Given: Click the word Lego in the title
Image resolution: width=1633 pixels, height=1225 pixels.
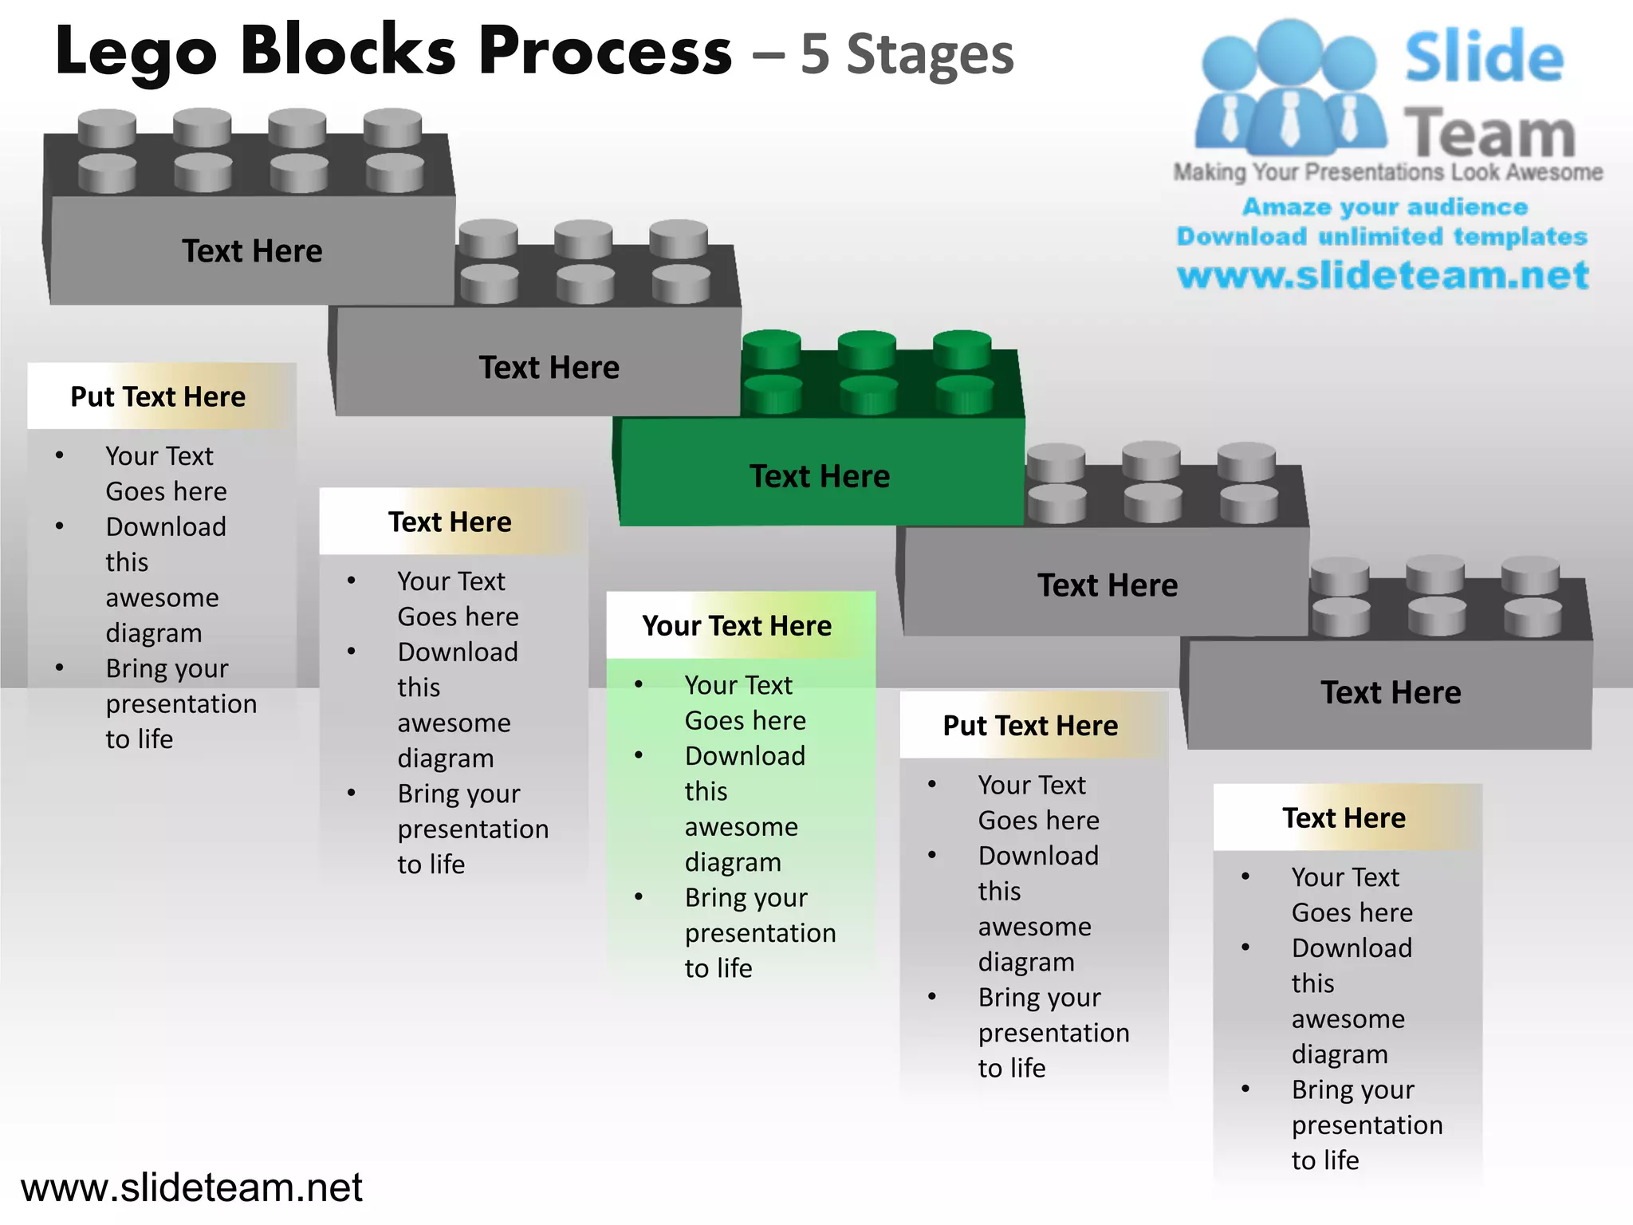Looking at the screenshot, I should [136, 52].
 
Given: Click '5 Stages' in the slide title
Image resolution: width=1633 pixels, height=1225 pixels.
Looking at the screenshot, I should [907, 55].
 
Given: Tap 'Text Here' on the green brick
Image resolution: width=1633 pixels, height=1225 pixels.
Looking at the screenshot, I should [819, 476].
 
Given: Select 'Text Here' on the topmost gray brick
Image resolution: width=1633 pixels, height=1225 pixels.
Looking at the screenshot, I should [252, 251].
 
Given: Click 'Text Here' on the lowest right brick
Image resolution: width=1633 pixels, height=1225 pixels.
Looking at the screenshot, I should [1391, 692].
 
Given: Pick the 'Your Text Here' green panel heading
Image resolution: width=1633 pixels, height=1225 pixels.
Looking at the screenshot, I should [737, 626].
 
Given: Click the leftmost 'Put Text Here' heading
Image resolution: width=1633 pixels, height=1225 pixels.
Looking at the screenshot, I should [158, 396].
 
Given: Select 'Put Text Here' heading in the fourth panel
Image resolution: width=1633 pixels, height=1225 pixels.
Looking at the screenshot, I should [1030, 726].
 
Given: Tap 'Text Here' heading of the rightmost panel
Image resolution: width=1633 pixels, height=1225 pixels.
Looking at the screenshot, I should [1344, 818].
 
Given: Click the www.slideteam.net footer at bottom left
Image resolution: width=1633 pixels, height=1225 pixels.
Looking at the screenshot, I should [191, 1188].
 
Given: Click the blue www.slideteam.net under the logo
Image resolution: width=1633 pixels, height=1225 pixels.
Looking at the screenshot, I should [1383, 275].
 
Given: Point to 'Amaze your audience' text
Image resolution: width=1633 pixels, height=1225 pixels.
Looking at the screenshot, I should [1385, 207].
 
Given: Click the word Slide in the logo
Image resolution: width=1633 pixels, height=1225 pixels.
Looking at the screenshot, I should [1484, 57].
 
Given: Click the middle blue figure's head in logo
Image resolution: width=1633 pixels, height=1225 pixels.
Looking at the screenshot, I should [1289, 49].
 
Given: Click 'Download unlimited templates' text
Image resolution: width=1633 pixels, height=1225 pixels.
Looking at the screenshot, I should [1382, 237].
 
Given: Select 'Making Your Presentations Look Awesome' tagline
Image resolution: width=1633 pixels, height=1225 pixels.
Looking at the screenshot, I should [1387, 172].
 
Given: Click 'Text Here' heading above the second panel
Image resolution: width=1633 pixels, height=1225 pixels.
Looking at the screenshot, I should [450, 522].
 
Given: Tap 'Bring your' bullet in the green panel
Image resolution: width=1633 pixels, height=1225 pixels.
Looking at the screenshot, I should [746, 898].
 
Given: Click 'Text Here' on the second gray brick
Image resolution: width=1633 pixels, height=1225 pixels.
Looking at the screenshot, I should [549, 368].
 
